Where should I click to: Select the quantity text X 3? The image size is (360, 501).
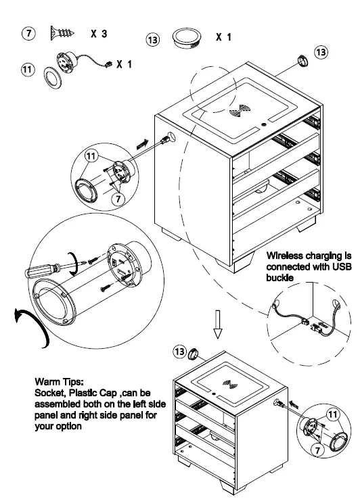point(99,34)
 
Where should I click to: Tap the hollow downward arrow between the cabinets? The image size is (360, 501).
point(217,324)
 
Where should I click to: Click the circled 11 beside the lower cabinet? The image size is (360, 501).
point(332,414)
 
